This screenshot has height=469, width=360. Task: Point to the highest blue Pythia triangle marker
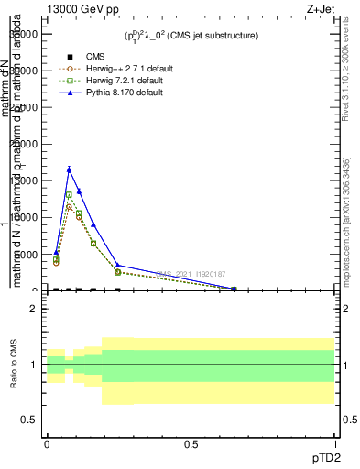pyautogui.click(x=69, y=169)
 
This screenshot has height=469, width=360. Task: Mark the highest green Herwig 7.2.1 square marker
pyautogui.click(x=69, y=195)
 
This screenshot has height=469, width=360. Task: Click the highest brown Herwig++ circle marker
pyautogui.click(x=69, y=207)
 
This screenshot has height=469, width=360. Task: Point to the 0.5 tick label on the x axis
pyautogui.click(x=191, y=444)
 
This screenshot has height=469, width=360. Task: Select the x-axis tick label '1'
pyautogui.click(x=334, y=444)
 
